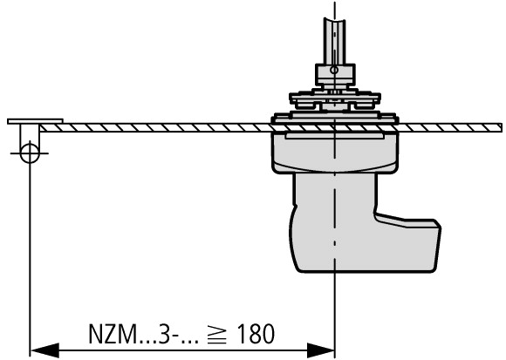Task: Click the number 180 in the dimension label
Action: tap(256, 334)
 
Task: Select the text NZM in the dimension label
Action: tap(113, 334)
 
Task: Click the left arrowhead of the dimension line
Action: tap(44, 350)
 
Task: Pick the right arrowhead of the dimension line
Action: tap(321, 350)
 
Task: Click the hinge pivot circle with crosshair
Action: tap(30, 153)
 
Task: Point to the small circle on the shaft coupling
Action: tap(335, 70)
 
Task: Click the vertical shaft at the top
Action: tap(335, 41)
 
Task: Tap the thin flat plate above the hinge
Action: tap(35, 121)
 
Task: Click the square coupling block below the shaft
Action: tap(335, 74)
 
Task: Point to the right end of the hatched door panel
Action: tap(502, 127)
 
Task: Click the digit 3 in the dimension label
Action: tap(165, 334)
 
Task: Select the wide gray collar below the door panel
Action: tap(335, 153)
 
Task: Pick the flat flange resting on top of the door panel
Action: tap(335, 118)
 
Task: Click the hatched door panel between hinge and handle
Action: tap(155, 127)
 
